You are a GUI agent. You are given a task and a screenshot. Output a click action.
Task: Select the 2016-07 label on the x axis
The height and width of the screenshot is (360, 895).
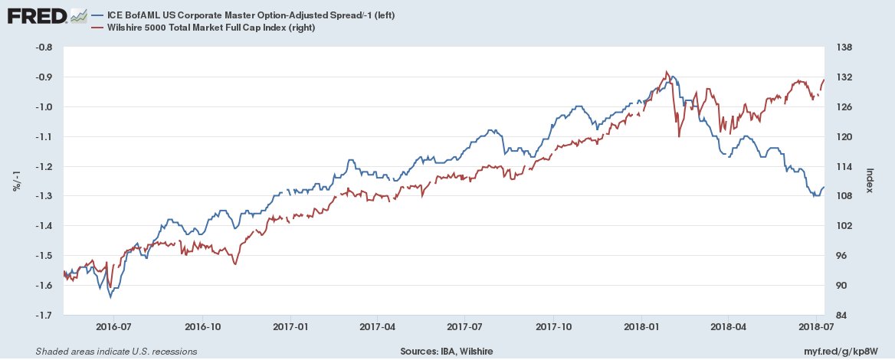click(113, 325)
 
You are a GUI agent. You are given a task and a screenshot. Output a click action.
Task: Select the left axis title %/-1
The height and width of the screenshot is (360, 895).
click(16, 182)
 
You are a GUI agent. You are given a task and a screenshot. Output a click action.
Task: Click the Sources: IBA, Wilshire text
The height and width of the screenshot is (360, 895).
click(446, 352)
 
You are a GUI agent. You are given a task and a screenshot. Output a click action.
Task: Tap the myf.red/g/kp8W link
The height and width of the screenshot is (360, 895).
click(846, 352)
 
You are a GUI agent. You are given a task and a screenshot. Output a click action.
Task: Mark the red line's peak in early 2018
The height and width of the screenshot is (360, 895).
click(667, 71)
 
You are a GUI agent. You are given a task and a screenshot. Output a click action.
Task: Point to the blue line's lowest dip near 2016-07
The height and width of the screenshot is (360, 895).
click(110, 297)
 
